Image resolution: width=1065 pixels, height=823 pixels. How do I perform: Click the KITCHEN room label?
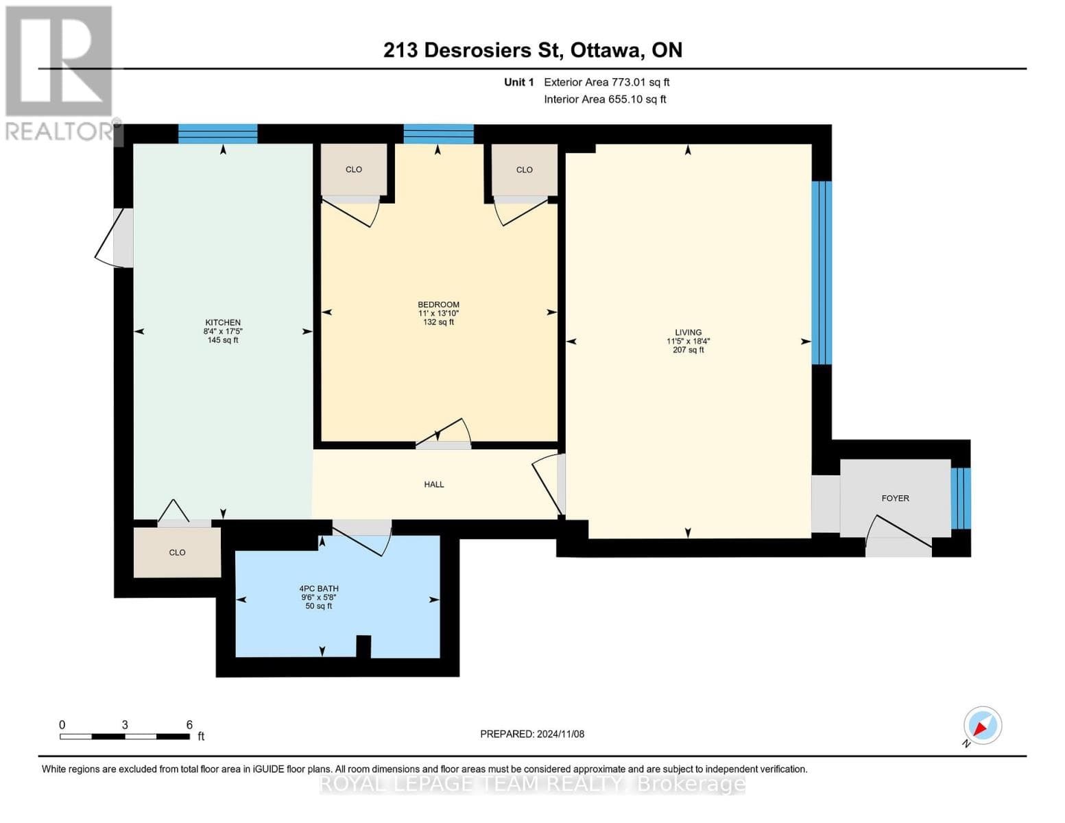click(x=223, y=322)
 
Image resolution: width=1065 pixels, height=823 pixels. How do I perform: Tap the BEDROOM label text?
click(x=439, y=305)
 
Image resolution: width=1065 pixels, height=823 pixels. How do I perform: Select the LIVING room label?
click(x=688, y=333)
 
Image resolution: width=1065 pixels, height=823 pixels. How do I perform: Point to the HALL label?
click(x=433, y=484)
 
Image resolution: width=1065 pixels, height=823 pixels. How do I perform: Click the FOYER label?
click(x=896, y=498)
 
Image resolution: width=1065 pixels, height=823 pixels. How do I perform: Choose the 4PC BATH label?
click(x=319, y=588)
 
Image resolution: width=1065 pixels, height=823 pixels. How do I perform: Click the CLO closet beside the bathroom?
click(x=177, y=552)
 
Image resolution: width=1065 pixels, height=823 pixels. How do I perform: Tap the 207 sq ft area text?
click(x=688, y=350)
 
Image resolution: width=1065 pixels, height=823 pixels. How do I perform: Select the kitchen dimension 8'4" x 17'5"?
click(x=223, y=331)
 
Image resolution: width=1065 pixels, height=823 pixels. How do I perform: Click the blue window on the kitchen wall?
click(x=217, y=134)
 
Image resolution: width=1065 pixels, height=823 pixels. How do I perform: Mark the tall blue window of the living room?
click(x=822, y=273)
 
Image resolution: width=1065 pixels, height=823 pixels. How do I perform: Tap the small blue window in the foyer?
click(x=961, y=499)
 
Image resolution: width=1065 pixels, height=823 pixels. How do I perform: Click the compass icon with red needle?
click(x=983, y=726)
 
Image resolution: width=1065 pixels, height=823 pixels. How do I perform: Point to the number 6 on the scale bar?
click(x=189, y=725)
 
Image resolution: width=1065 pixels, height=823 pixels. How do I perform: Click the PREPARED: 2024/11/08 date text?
click(x=532, y=734)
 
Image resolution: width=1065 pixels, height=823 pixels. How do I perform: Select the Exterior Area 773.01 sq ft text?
click(x=607, y=82)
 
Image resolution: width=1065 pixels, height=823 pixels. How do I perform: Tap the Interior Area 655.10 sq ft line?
click(x=606, y=99)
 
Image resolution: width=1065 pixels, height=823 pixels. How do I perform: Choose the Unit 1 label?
click(x=519, y=82)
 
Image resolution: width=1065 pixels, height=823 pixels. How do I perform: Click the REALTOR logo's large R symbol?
click(x=59, y=61)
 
